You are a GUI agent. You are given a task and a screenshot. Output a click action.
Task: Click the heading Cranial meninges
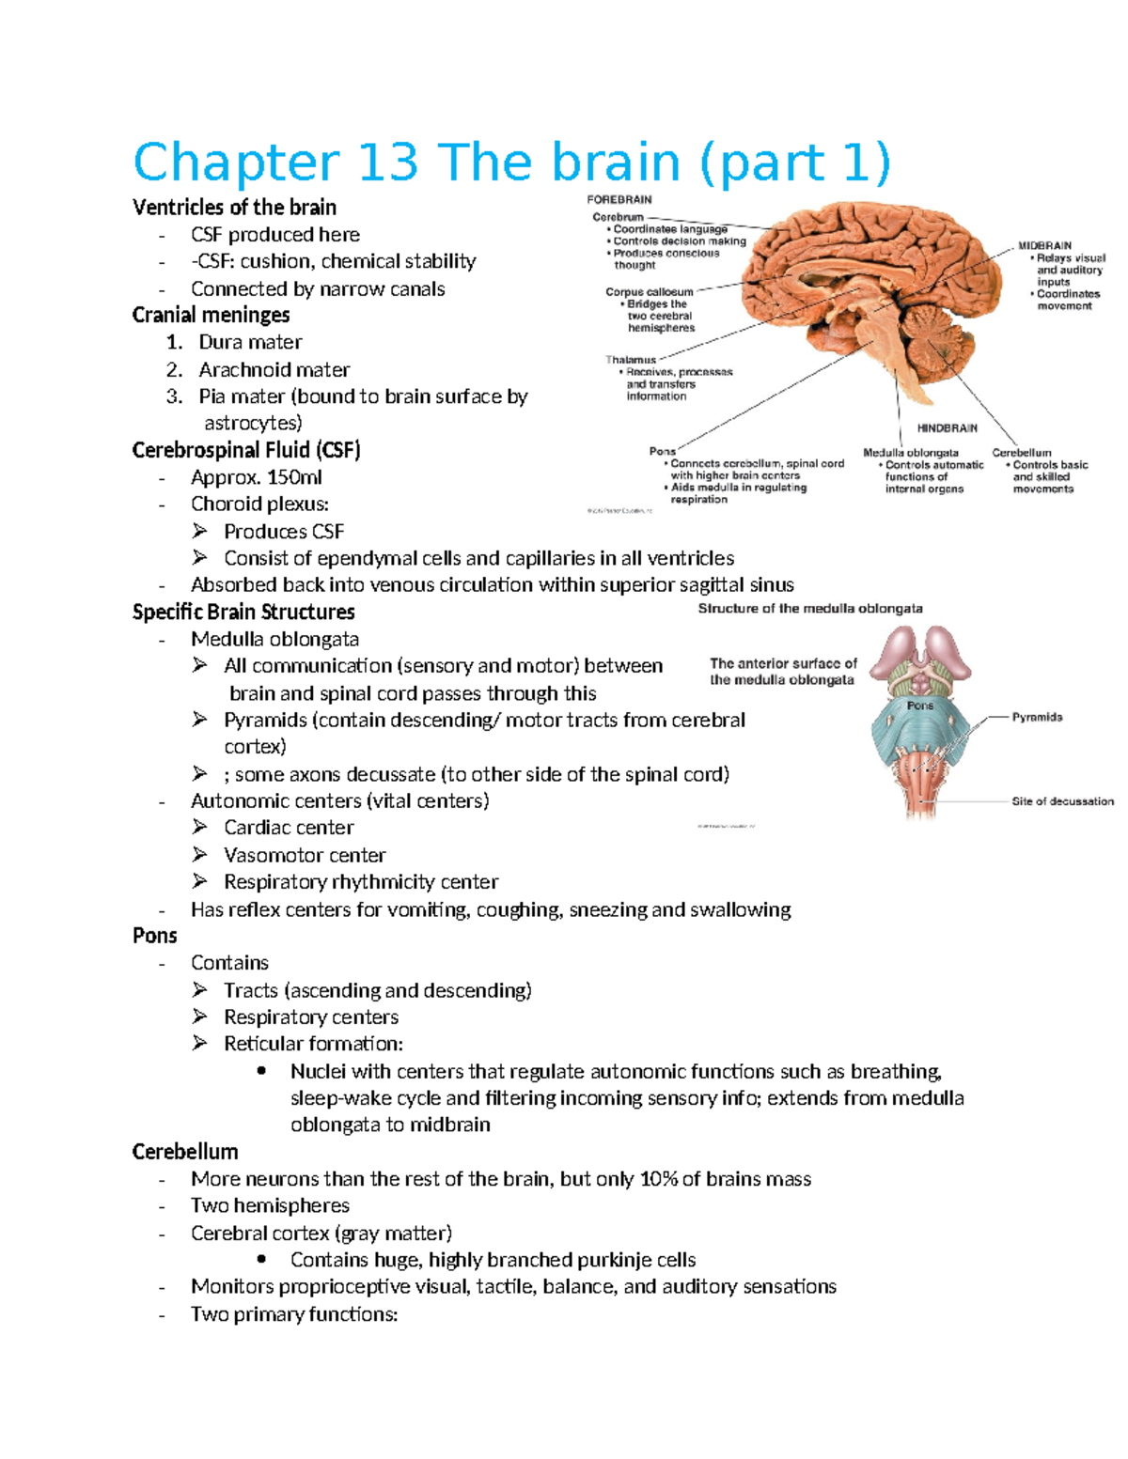click(211, 316)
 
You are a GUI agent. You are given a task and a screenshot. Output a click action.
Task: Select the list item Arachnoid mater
click(274, 370)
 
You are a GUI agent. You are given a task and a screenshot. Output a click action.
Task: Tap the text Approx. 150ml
click(256, 477)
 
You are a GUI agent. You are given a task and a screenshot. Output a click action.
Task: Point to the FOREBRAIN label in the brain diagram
click(619, 200)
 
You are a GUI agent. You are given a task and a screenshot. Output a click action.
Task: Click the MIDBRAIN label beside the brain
click(1044, 246)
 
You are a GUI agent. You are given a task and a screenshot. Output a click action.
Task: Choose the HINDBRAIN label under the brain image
click(947, 428)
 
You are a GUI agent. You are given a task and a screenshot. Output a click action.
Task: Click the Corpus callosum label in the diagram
click(649, 292)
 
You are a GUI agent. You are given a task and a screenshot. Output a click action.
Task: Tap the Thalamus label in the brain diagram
click(631, 360)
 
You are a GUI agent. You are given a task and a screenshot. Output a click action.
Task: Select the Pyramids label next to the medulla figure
click(1037, 718)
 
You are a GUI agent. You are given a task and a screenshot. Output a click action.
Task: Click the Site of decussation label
click(1062, 802)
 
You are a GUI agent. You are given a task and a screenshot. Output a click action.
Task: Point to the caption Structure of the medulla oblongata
click(809, 609)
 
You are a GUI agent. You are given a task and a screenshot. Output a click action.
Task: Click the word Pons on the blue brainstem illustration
click(920, 706)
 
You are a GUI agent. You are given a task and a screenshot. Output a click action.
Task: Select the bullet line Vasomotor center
click(305, 856)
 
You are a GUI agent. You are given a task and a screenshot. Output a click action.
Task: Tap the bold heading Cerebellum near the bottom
click(185, 1152)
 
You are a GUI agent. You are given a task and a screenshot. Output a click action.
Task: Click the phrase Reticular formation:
click(313, 1044)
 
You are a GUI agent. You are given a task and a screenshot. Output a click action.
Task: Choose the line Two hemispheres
click(270, 1206)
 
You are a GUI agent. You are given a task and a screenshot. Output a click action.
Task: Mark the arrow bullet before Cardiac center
click(199, 828)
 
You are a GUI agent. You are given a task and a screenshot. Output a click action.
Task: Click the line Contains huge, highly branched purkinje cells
click(493, 1260)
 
